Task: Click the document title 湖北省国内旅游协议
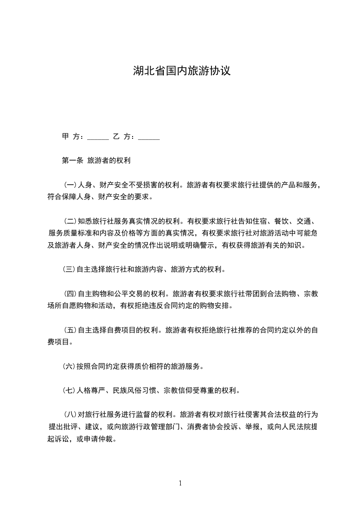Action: [182, 71]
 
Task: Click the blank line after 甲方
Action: [98, 137]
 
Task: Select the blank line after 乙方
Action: [148, 137]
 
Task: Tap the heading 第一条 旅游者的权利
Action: [96, 161]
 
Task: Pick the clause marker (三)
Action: [69, 269]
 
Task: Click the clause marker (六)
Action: [69, 366]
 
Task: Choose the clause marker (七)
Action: [69, 390]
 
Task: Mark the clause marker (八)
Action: [70, 415]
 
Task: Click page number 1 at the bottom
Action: [180, 483]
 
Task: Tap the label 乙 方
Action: [123, 136]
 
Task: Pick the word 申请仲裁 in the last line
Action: [101, 439]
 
